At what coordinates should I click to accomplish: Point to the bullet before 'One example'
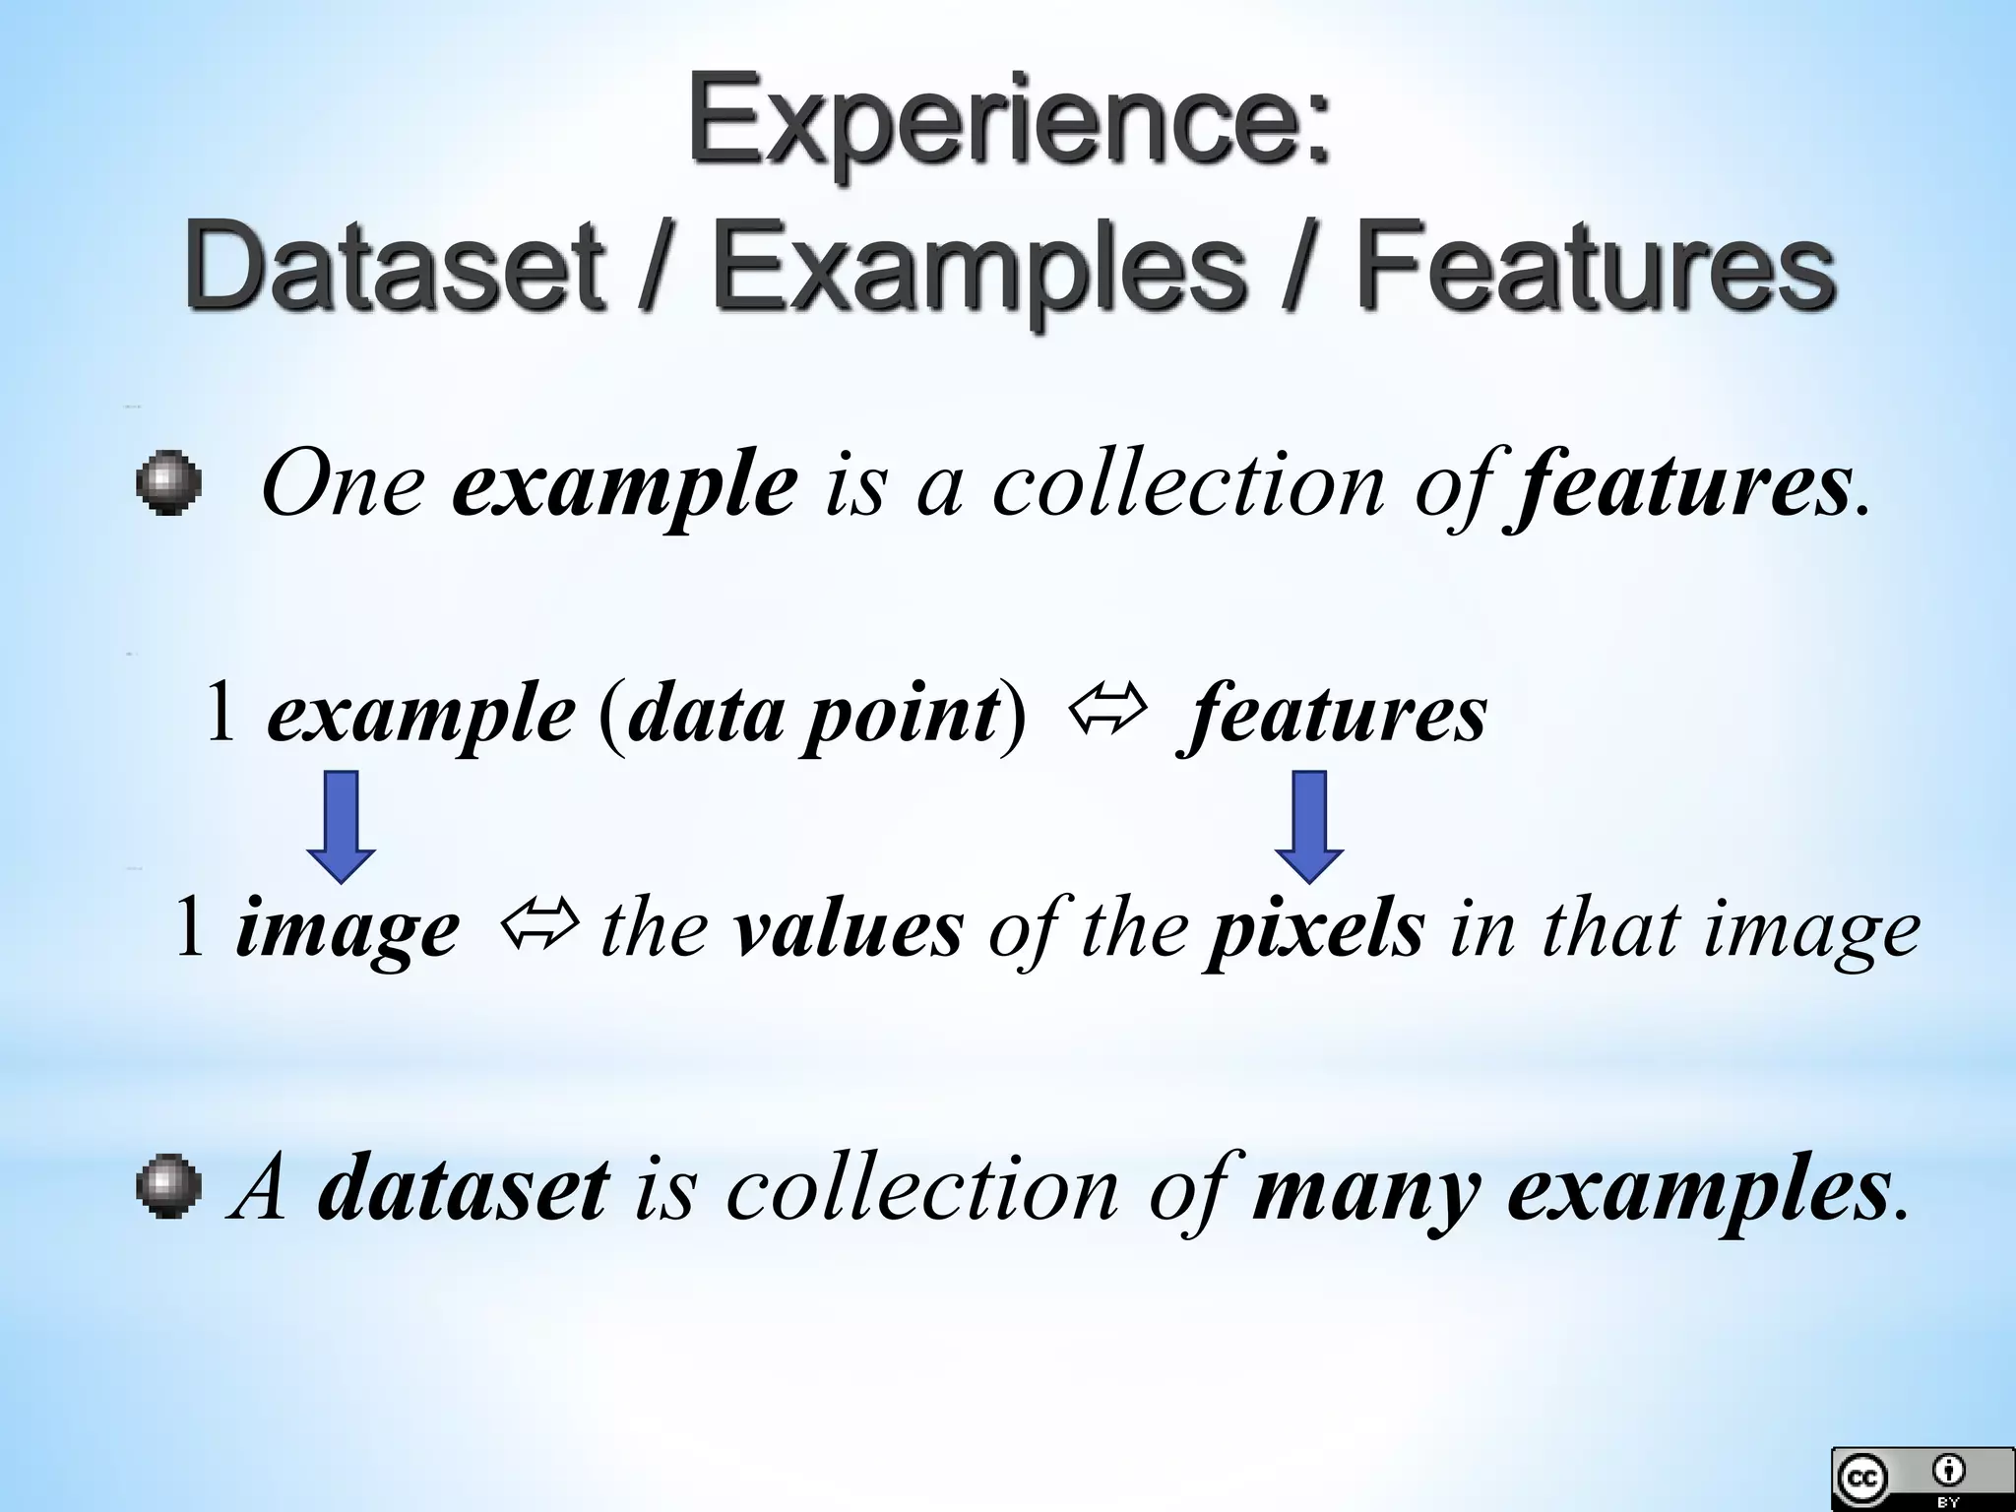pyautogui.click(x=169, y=483)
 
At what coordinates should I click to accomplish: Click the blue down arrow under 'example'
pyautogui.click(x=341, y=826)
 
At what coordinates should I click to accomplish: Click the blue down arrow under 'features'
pyautogui.click(x=1308, y=826)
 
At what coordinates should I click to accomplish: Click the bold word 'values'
pyautogui.click(x=849, y=929)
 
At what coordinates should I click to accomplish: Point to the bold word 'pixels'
pyautogui.click(x=1314, y=931)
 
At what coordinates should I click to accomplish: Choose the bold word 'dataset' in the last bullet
pyautogui.click(x=463, y=1189)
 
